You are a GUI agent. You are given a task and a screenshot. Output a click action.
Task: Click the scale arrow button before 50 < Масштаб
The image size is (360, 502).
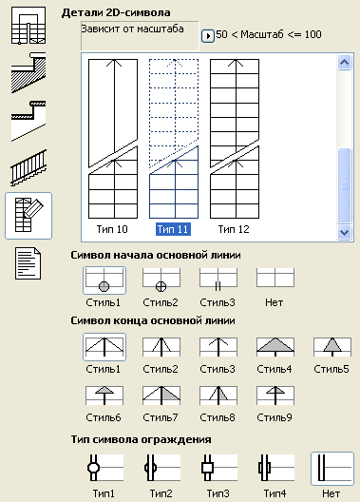(207, 35)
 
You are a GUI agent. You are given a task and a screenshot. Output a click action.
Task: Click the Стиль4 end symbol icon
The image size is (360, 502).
(275, 346)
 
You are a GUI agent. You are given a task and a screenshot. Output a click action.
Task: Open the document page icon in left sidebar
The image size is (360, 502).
(28, 262)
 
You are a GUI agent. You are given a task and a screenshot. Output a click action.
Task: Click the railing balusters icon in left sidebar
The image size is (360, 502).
(28, 169)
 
